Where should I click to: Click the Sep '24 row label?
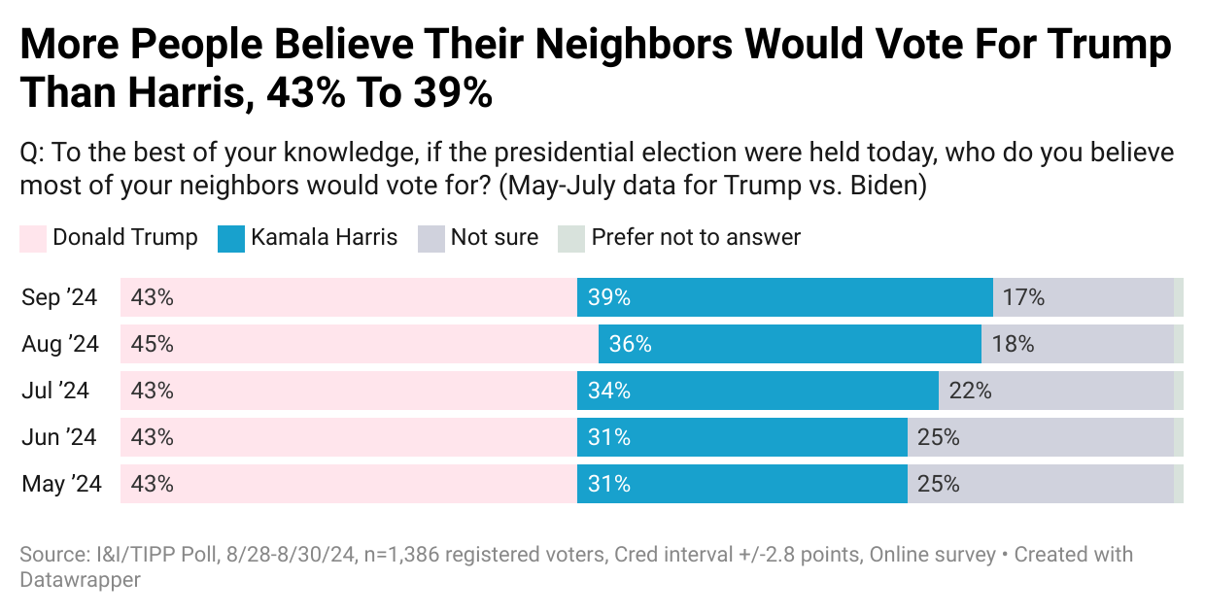click(x=59, y=297)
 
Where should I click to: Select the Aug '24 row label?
click(x=60, y=344)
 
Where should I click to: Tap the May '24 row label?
click(x=61, y=484)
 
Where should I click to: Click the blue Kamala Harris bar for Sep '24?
click(x=784, y=297)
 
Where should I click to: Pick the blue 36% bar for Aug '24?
click(x=789, y=344)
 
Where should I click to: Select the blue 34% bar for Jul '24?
click(x=757, y=391)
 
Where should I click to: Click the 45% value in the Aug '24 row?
click(x=152, y=344)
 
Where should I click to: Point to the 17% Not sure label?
click(x=1023, y=297)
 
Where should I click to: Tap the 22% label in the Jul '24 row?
click(x=970, y=391)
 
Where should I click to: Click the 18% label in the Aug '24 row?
click(x=1013, y=344)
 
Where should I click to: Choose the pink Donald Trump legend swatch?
click(x=33, y=238)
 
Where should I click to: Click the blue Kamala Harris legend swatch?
click(x=231, y=238)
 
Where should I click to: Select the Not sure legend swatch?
click(x=431, y=238)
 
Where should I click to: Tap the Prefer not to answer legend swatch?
click(x=571, y=238)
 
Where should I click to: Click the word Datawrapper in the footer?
click(x=80, y=580)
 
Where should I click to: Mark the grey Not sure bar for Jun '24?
click(x=1041, y=437)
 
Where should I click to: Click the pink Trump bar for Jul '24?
click(x=348, y=391)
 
